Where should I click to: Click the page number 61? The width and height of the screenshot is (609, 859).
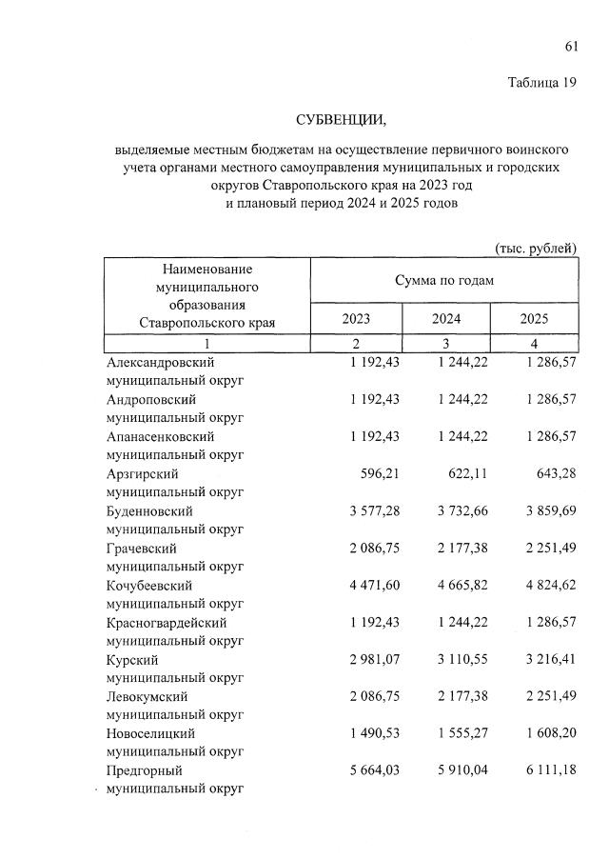point(571,47)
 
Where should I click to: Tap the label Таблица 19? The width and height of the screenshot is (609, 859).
point(541,83)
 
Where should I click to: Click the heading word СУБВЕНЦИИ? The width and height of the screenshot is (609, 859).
point(342,119)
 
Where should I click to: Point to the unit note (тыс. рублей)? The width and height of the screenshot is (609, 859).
point(536,248)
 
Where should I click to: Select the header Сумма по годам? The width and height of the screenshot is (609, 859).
point(443,280)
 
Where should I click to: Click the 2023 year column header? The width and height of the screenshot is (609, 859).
point(356,320)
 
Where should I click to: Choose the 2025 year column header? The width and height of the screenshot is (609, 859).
point(534,320)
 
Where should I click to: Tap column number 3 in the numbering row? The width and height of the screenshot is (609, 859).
point(446,343)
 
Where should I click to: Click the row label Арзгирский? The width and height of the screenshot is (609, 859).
point(143,473)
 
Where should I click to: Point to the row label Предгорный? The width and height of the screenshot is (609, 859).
point(144,770)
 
